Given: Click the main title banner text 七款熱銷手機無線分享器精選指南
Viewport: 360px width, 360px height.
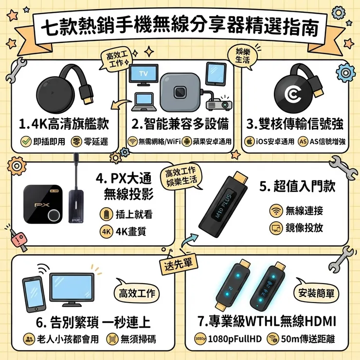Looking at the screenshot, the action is pos(180,28).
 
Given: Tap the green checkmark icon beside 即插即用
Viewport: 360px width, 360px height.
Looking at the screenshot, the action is pos(26,142).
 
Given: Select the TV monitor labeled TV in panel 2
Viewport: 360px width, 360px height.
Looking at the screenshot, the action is pos(144,75).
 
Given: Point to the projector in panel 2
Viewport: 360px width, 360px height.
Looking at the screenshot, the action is pos(219,104).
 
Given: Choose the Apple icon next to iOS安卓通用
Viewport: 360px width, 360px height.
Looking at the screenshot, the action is pos(250,142).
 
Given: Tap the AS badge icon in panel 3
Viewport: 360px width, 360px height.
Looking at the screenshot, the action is pos(303,142).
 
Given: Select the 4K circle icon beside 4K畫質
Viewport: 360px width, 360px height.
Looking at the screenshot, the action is pos(107,232).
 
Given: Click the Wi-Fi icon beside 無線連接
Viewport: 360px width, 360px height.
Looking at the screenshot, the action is pos(276,211).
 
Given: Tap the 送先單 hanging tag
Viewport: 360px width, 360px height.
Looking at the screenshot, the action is pos(179,264).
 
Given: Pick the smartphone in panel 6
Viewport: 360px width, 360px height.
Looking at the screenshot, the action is pos(34,294).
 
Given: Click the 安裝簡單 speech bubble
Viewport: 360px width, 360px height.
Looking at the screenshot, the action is pos(316,292).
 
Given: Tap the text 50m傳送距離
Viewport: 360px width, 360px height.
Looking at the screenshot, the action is pos(308,339).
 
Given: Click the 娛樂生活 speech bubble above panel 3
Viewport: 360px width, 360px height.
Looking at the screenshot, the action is pos(243,57).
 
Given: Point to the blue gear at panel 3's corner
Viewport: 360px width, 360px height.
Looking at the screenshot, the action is pos(345,72).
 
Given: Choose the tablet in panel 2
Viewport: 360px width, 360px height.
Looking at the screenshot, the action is pos(216,74).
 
